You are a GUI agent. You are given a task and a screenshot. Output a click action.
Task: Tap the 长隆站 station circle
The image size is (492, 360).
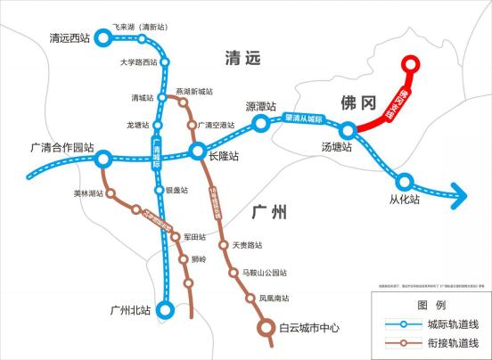pyautogui.click(x=199, y=151)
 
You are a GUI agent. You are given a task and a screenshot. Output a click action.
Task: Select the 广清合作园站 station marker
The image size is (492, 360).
pyautogui.click(x=103, y=160)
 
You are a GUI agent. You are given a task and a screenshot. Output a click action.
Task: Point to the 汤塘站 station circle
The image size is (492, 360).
pyautogui.click(x=348, y=130)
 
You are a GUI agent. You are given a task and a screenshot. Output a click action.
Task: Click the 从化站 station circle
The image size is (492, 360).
pyautogui.click(x=405, y=180)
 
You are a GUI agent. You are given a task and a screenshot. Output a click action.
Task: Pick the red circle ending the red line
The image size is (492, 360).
pyautogui.click(x=409, y=64)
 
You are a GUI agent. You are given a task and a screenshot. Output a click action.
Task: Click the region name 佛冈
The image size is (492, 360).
pyautogui.click(x=354, y=102)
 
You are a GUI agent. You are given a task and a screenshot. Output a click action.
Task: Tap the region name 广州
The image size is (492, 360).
pyautogui.click(x=268, y=212)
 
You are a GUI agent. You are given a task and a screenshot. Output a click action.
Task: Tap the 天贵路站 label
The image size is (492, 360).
pyautogui.click(x=248, y=245)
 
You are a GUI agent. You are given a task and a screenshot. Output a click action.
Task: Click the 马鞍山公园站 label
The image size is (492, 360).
pyautogui.click(x=266, y=272)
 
